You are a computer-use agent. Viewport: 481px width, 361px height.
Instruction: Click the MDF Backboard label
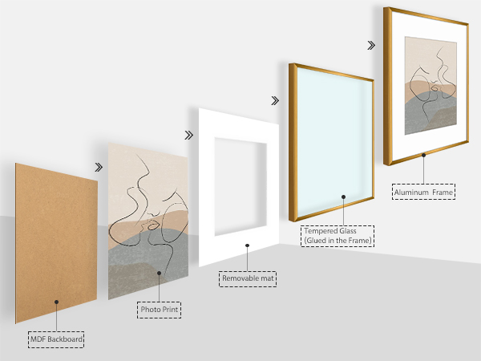click(x=56, y=339)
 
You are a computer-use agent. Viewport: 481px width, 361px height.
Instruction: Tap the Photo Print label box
click(x=160, y=310)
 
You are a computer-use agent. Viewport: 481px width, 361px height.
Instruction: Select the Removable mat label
click(x=248, y=278)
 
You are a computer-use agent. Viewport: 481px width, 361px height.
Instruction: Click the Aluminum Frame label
click(x=423, y=193)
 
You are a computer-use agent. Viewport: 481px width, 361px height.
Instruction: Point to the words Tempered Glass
click(x=330, y=231)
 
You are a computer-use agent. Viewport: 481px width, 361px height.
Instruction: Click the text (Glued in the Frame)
click(x=338, y=241)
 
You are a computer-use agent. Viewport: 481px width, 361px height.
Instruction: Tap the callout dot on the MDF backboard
click(x=56, y=302)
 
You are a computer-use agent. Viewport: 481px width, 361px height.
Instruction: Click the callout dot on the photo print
click(x=159, y=273)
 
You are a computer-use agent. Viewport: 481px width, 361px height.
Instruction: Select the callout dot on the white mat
click(x=247, y=245)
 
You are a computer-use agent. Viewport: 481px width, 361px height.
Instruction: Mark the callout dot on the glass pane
click(x=344, y=197)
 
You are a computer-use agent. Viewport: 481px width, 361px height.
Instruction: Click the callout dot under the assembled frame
click(x=423, y=156)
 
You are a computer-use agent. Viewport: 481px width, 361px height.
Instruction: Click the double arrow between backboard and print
click(x=99, y=168)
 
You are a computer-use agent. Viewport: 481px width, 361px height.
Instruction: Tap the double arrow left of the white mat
click(x=189, y=135)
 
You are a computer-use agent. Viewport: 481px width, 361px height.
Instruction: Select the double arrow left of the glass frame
click(x=275, y=101)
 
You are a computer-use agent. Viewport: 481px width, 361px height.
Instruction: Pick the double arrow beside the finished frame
click(x=371, y=46)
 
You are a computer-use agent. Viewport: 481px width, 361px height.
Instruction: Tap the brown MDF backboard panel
click(x=56, y=243)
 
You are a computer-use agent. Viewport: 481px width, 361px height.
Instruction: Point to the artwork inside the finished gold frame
click(x=430, y=86)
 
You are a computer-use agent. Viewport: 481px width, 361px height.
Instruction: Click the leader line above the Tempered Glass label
click(x=344, y=212)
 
